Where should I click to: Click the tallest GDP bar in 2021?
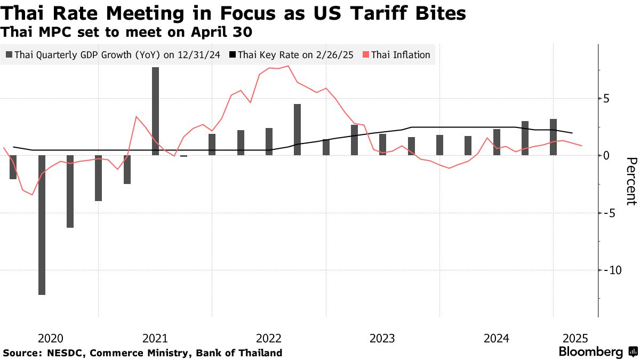pos(155,111)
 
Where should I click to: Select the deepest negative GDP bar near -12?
pos(42,225)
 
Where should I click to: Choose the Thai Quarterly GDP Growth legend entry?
pos(116,55)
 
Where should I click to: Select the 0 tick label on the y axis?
pos(606,156)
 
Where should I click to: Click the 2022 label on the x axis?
pos(269,338)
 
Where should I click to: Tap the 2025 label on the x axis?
pos(576,338)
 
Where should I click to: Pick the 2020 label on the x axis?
pos(51,338)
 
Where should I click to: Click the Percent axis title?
pos(631,181)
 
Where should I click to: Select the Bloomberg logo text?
pos(590,352)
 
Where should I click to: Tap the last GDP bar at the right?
pos(554,137)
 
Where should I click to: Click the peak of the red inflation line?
pos(288,66)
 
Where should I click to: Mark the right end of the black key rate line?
pos(572,133)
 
